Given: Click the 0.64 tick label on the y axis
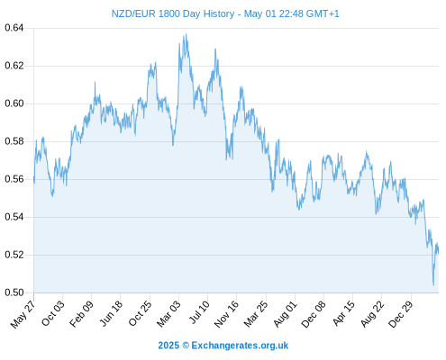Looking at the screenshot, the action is point(14,28).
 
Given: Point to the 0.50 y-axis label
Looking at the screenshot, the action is point(14,292).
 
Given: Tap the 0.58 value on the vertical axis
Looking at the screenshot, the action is point(14,141).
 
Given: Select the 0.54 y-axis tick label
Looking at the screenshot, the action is point(14,217).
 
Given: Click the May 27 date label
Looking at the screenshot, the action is point(23,314).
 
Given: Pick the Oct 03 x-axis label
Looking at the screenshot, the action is point(53,313).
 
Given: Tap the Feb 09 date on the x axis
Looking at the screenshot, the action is point(81,313).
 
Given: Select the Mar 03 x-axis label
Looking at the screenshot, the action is point(168,313).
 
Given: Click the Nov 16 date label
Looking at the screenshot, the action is point(226,313).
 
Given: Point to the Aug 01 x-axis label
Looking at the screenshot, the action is point(285,313).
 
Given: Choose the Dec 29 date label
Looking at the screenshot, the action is point(401,313).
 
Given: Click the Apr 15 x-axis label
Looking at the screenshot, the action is point(343,313).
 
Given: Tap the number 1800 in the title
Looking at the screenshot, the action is point(169,13).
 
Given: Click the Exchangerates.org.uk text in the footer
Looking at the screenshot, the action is point(240,346).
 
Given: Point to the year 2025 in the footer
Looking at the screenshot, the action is point(168,346).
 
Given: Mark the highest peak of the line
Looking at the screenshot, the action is point(187,34).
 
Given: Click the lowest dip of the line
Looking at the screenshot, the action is point(433,285).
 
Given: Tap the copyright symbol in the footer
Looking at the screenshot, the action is point(186,346).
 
